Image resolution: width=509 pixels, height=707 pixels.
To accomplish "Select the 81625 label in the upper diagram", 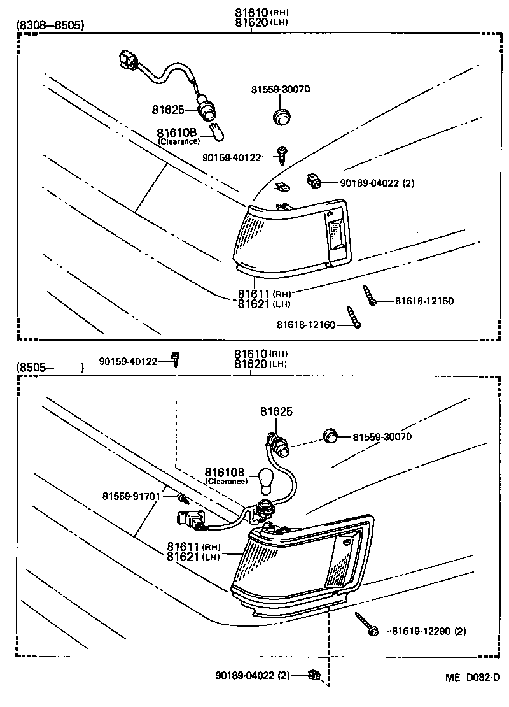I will point(167,110).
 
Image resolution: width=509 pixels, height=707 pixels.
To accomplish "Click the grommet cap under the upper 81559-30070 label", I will point(281,117).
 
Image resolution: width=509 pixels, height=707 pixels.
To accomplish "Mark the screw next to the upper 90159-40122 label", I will point(282,153).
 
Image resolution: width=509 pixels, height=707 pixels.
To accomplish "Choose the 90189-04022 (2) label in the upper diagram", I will point(377,183).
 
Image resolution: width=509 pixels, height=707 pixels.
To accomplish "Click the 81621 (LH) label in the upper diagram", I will point(264,304).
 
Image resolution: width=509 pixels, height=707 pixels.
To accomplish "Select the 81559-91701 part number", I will point(132,496).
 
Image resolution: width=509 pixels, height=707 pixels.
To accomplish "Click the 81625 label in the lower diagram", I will point(276,412).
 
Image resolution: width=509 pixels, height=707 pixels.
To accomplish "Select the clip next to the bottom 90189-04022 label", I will point(313,675).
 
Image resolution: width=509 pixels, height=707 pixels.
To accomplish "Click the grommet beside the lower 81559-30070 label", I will point(329,436).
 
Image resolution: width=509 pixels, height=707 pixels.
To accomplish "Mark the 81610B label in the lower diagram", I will point(225,472).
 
